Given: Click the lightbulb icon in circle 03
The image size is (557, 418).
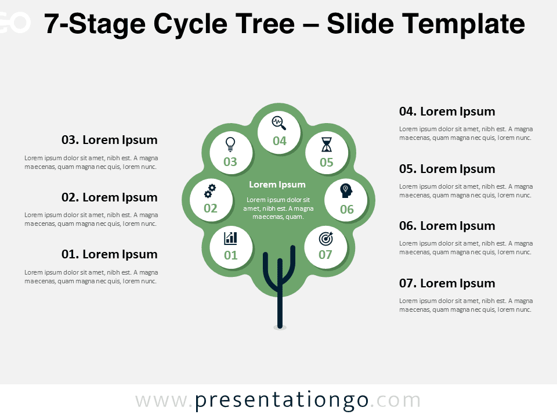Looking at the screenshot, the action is pos(230,145).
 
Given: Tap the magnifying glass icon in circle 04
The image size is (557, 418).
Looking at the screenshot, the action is pos(279,123).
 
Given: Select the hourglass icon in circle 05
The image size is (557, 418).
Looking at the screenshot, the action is pos(327,145).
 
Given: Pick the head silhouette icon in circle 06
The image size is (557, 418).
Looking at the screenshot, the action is pos(346,191).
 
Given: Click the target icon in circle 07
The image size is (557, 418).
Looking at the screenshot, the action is pos(325,239).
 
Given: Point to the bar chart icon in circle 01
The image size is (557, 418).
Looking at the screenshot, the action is pos(230,238).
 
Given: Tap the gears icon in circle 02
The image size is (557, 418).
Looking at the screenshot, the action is pos(210,191).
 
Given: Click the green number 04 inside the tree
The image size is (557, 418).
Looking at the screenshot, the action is pos(280,141).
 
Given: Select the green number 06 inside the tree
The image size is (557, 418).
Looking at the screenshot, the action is pos(347,210).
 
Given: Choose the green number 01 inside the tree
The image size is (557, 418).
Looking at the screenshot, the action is pos(230,255).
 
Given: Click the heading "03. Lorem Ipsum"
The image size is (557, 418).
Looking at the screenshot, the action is pos(110,140).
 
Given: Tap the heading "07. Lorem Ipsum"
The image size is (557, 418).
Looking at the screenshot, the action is pos(447,283).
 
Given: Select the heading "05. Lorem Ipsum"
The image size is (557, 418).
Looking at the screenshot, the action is pos(447,169).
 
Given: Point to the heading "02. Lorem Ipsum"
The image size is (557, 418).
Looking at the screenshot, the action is pos(110,197).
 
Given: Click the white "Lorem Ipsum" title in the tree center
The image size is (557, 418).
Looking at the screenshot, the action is pos(277,185).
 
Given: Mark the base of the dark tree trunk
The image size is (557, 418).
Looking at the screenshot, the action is pos(280,326).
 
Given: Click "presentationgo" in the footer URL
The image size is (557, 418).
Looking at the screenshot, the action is pos(281,401).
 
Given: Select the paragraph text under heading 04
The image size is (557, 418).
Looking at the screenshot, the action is pos(466,134).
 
